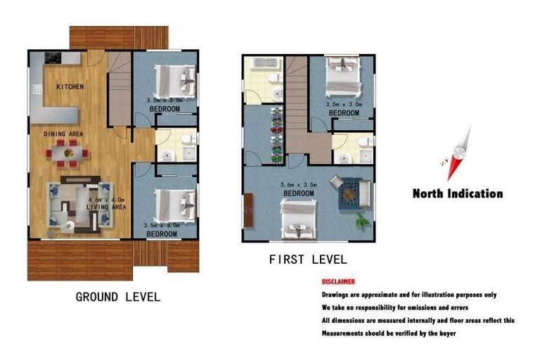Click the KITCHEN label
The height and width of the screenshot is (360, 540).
click(x=70, y=86)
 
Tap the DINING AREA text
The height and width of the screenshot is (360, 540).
click(x=63, y=134)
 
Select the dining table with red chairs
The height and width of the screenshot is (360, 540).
click(x=67, y=153)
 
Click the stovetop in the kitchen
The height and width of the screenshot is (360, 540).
click(x=53, y=58)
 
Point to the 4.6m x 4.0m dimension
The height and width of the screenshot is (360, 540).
click(x=106, y=200)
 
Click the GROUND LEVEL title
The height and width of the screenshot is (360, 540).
click(x=118, y=297)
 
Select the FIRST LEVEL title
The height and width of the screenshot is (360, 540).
click(x=308, y=259)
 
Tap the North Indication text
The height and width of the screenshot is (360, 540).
click(x=458, y=193)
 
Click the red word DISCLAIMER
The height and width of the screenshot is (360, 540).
click(x=338, y=282)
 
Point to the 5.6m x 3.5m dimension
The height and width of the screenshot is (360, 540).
click(x=299, y=185)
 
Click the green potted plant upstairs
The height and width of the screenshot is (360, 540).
click(x=362, y=221)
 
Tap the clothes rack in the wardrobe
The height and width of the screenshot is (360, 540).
click(x=276, y=135)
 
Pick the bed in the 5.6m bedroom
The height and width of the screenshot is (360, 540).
click(x=298, y=220)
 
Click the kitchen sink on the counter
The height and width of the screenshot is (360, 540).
click(x=37, y=89)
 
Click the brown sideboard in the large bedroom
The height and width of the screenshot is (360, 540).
click(x=248, y=210)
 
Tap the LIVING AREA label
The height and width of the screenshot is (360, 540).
click(x=106, y=207)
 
